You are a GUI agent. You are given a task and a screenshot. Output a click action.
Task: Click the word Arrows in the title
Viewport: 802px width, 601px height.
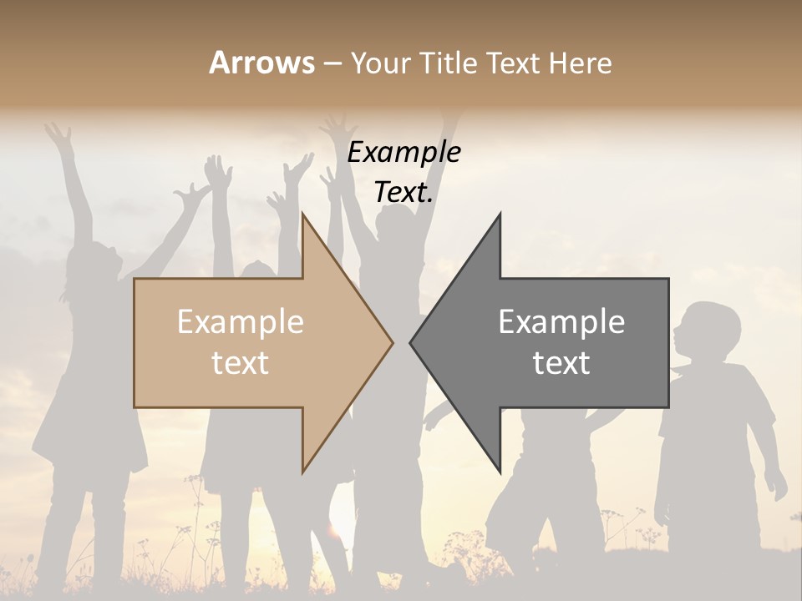point(261,63)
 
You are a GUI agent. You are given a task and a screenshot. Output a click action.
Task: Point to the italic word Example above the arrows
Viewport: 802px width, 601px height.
point(404,153)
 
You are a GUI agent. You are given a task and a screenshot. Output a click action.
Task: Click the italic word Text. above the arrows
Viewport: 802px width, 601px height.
point(404,193)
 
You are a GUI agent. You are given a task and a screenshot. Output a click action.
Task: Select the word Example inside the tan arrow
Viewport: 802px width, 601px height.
point(241,322)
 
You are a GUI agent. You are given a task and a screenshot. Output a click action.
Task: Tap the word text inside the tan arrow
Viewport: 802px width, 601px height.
point(241,363)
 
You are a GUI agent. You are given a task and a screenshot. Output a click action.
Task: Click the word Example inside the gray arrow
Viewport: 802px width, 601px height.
point(561,322)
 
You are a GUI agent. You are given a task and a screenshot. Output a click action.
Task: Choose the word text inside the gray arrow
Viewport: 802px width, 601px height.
point(561,363)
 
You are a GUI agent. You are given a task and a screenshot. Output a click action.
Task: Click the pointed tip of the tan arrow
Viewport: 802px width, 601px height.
point(392,341)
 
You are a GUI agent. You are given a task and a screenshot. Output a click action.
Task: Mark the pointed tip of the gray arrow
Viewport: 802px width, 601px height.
point(411,341)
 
